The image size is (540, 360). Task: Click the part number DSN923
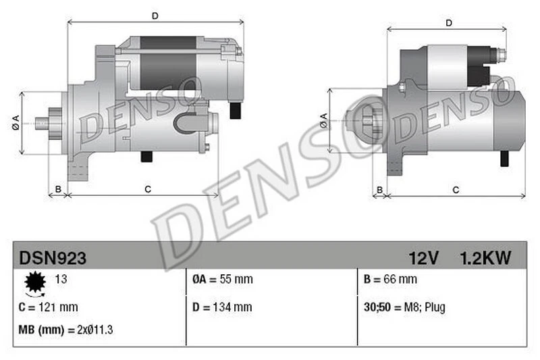52,257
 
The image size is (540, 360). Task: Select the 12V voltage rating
424,257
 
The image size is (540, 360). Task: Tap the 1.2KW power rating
485,257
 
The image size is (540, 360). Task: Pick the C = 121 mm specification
49,307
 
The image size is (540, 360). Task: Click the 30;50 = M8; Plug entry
404,307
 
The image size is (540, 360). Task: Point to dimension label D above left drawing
155,15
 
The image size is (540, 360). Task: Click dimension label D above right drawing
449,24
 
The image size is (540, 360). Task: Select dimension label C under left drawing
147,189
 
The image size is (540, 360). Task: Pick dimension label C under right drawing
456,190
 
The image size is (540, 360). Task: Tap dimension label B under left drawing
58,189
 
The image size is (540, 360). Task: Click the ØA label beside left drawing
15,122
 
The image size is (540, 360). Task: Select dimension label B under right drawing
380,190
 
